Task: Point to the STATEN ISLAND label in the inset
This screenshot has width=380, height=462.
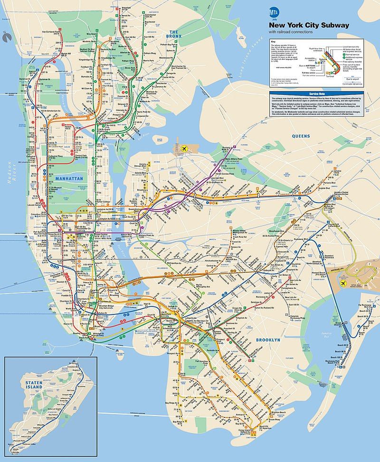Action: tap(34, 385)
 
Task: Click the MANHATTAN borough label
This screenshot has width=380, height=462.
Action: tap(69, 178)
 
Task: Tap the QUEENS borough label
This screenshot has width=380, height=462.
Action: tap(301, 136)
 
